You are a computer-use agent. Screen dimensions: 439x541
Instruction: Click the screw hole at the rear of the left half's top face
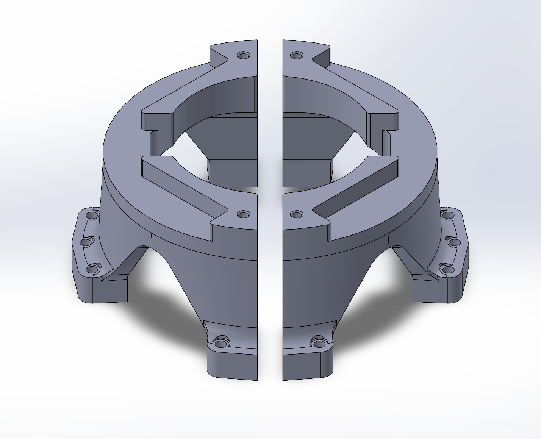tap(243, 56)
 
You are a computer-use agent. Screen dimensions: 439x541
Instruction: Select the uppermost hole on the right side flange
tap(448, 216)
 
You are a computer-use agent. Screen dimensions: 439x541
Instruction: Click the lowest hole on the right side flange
tap(448, 269)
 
